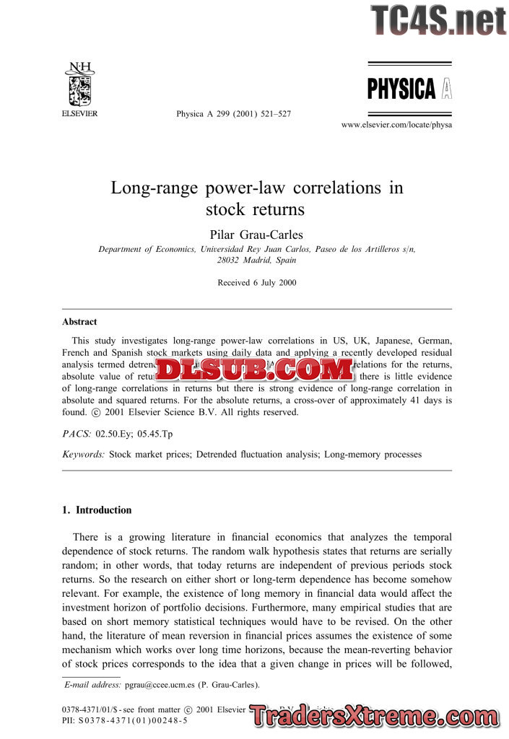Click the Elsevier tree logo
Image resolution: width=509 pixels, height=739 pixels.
[79, 85]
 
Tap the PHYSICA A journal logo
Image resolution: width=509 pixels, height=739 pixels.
[409, 89]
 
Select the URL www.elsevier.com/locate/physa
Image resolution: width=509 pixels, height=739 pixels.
[396, 125]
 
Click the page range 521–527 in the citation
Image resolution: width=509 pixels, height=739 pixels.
[276, 114]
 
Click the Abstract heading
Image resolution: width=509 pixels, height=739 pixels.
[79, 322]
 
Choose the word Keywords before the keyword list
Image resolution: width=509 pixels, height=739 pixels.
[84, 455]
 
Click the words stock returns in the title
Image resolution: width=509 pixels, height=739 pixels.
[256, 210]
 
